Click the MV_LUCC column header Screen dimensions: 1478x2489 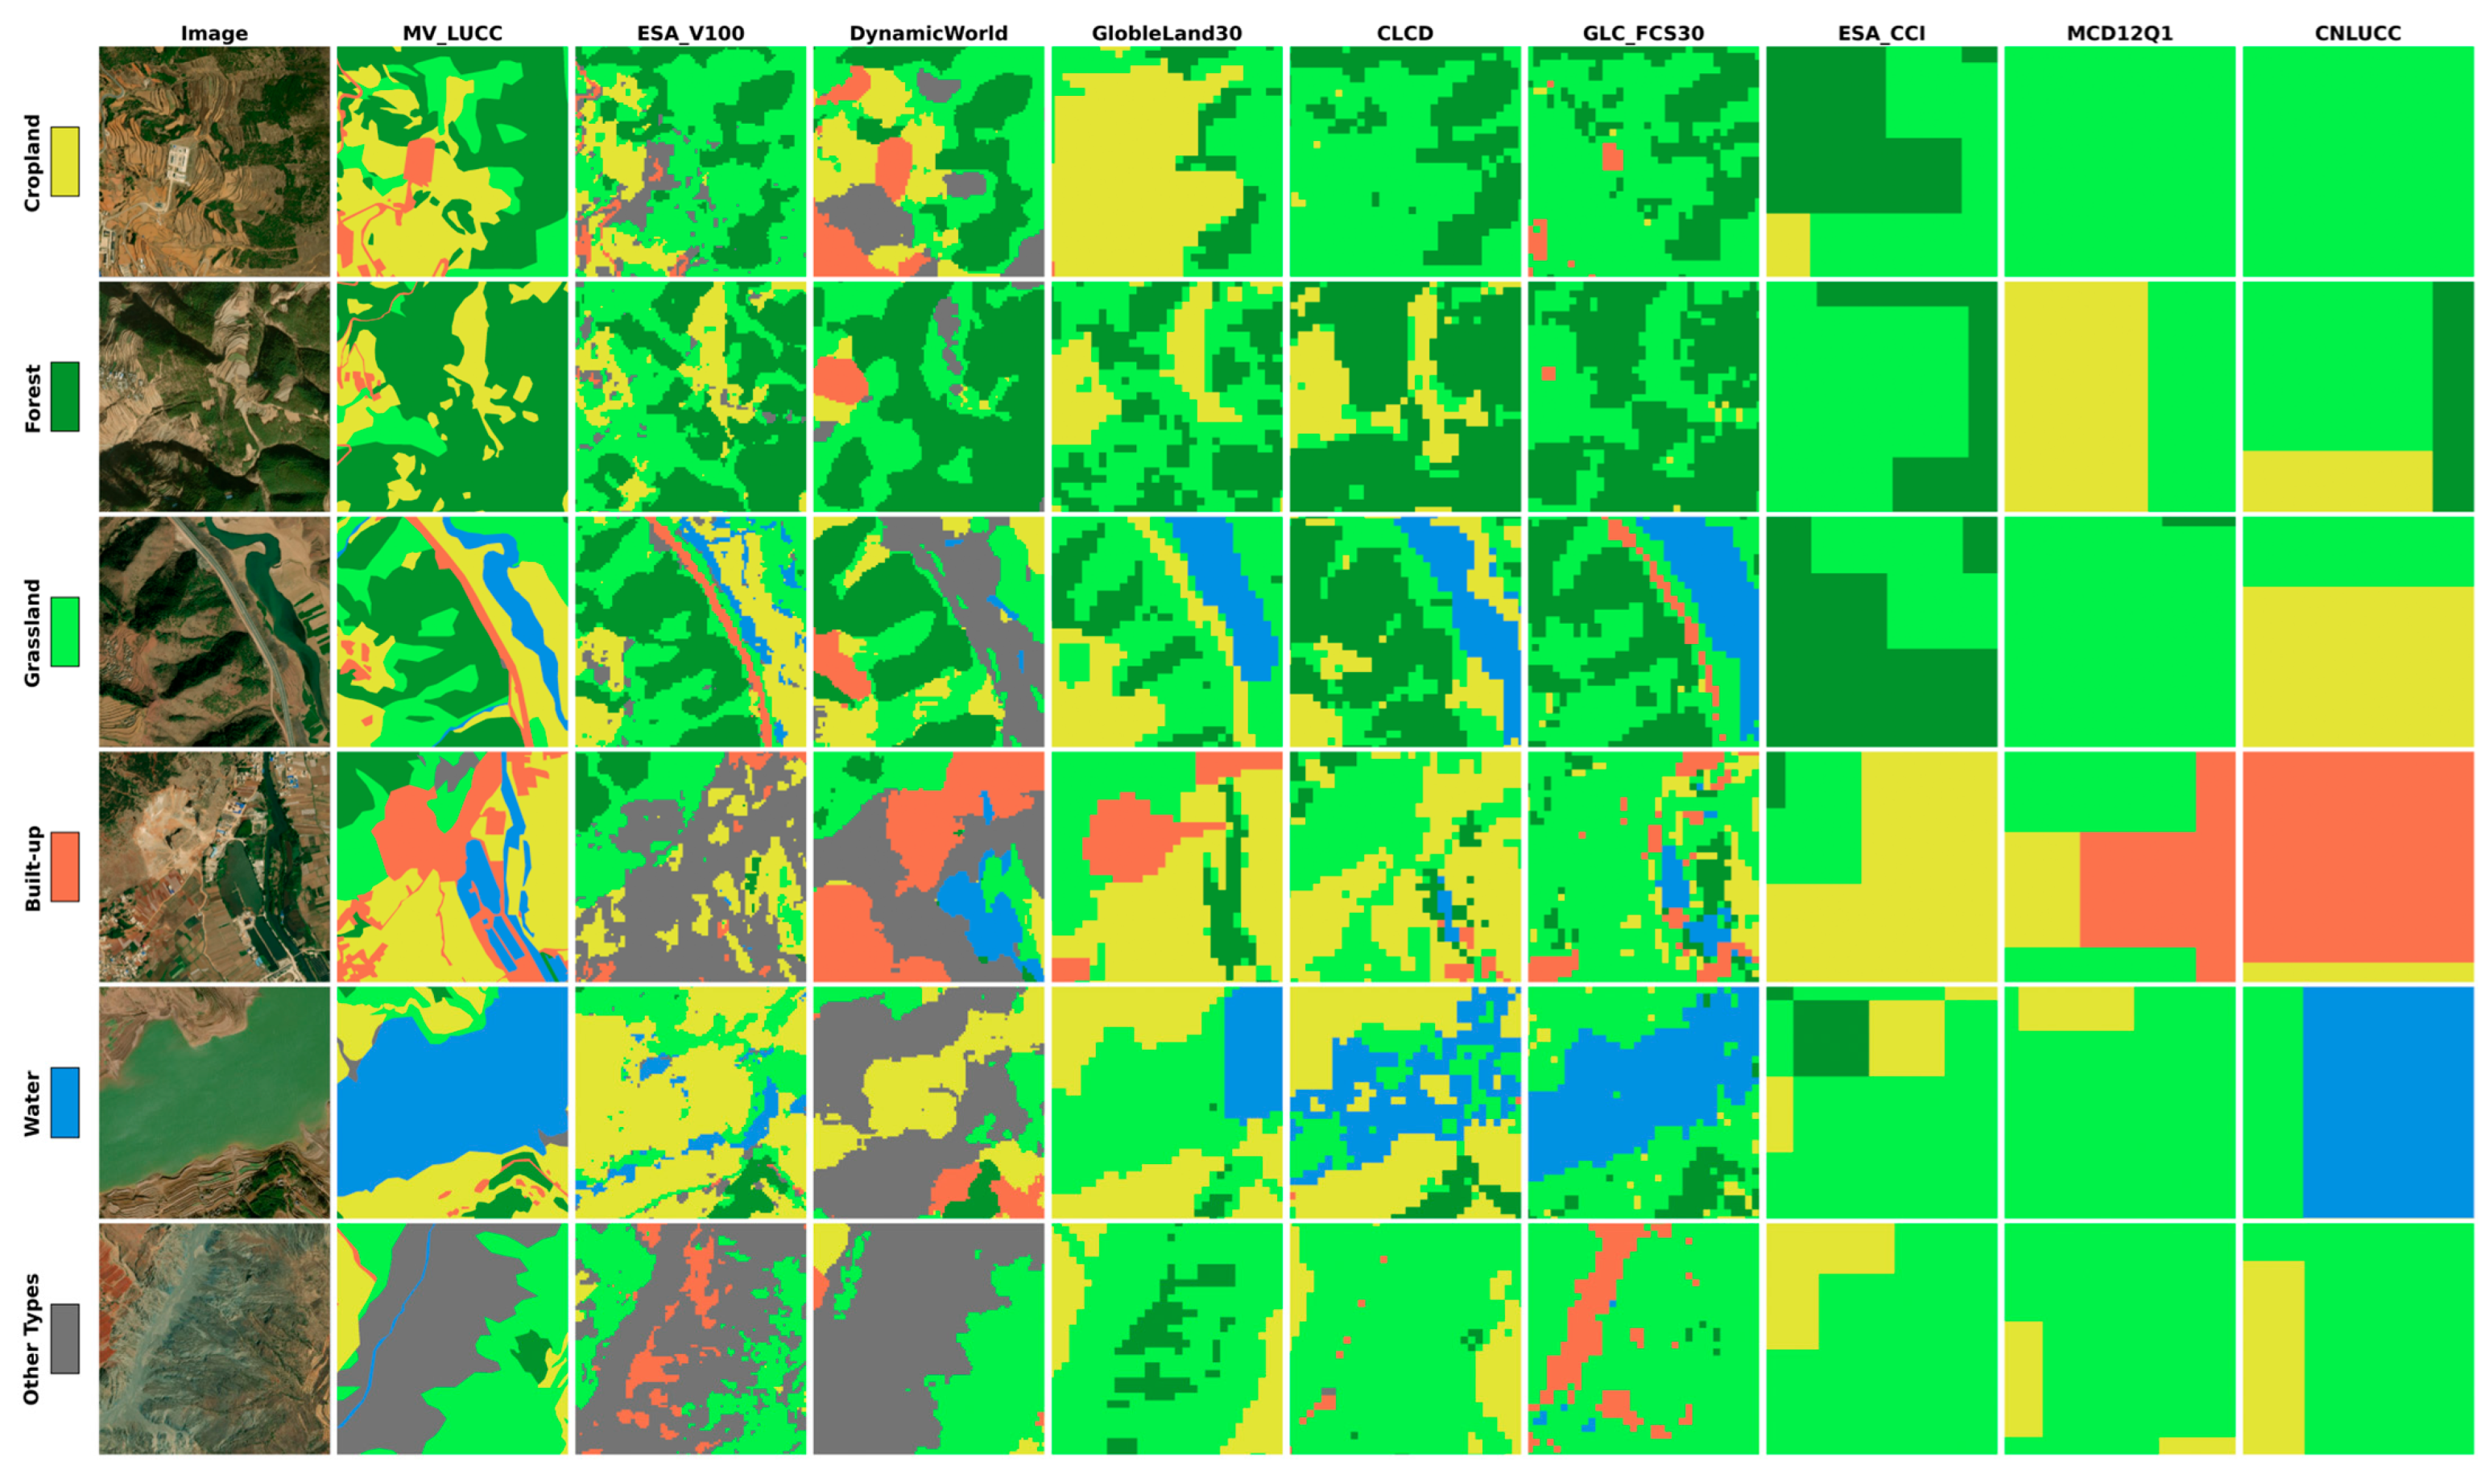pyautogui.click(x=453, y=33)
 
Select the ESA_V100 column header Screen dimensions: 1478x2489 pyautogui.click(x=690, y=33)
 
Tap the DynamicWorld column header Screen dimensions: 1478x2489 pyautogui.click(x=928, y=33)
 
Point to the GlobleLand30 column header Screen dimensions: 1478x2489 pyautogui.click(x=1166, y=33)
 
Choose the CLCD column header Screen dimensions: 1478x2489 pyautogui.click(x=1404, y=33)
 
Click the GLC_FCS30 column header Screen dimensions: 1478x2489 pyautogui.click(x=1643, y=33)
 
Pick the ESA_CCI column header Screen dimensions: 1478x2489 pyautogui.click(x=1880, y=33)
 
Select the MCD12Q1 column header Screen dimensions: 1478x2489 pyautogui.click(x=2119, y=33)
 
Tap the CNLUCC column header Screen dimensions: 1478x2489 pyautogui.click(x=2358, y=33)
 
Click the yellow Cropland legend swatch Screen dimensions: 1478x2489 pyautogui.click(x=64, y=161)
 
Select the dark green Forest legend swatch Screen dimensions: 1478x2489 pyautogui.click(x=64, y=396)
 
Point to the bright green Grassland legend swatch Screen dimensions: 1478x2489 pyautogui.click(x=64, y=631)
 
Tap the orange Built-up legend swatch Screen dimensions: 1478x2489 pyautogui.click(x=64, y=866)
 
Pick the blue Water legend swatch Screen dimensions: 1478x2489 pyautogui.click(x=64, y=1103)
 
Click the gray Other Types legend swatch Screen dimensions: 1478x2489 pyautogui.click(x=64, y=1338)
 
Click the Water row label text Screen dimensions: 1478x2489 pyautogui.click(x=32, y=1103)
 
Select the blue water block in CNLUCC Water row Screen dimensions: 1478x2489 pyautogui.click(x=2388, y=1103)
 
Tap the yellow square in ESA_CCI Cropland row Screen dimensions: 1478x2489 pyautogui.click(x=1788, y=245)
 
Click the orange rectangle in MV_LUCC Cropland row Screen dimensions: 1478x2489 pyautogui.click(x=420, y=159)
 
